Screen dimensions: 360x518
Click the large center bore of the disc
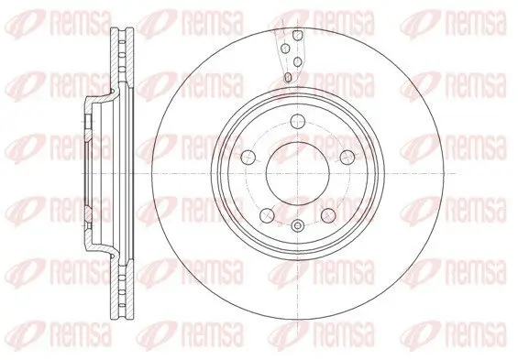coord(298,173)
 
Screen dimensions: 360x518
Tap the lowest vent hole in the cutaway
coord(288,77)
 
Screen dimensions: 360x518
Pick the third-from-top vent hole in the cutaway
coord(297,62)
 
